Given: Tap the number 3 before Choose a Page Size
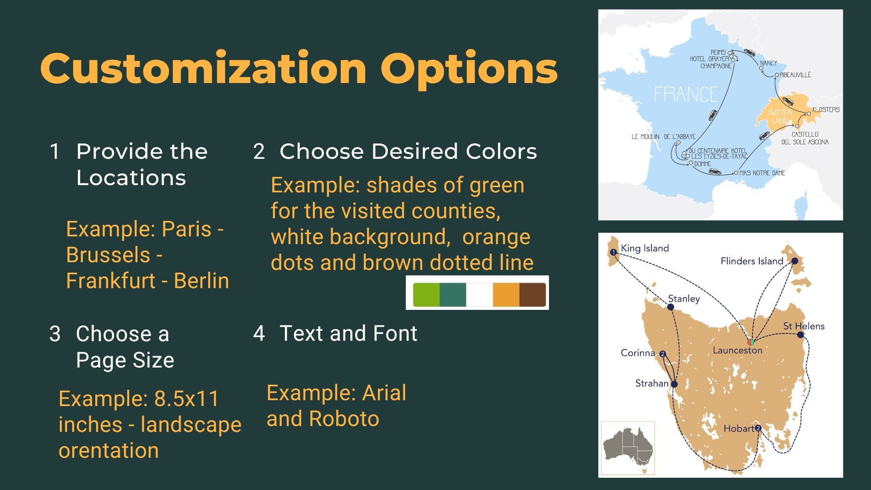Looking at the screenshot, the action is pos(55,334).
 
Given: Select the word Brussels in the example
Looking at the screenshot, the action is pos(108,255).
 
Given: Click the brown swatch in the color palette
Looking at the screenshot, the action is pos(533,294).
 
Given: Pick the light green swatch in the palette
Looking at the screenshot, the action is pos(426,294).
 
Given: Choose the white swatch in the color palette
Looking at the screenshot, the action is pos(480,294).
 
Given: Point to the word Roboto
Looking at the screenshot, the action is pos(344,419).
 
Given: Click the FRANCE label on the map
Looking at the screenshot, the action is pos(686,95).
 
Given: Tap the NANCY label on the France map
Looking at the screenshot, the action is pos(768,63).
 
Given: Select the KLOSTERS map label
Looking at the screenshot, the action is pos(826,109).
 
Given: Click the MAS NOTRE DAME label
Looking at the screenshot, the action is pos(762,173).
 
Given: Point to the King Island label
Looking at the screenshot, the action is pos(645,248).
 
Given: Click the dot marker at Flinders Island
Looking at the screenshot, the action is pos(795,261).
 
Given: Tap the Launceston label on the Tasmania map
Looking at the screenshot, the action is pos(738,350).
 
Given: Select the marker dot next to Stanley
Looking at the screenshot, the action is pos(670,307).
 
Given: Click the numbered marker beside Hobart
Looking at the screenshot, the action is pos(758,428).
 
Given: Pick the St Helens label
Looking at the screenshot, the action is pos(804,326).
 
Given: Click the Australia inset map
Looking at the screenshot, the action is pos(628,448).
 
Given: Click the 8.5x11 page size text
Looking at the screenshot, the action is pos(186,399).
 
